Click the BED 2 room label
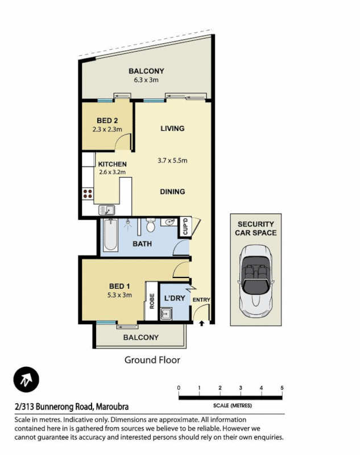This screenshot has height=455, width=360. pyautogui.click(x=107, y=121)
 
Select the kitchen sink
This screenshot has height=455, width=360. pyautogui.click(x=106, y=210)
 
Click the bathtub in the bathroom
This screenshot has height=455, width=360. pyautogui.click(x=110, y=235)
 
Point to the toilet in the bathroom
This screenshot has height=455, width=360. pyautogui.click(x=151, y=226)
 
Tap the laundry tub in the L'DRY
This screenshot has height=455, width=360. pyautogui.click(x=167, y=313)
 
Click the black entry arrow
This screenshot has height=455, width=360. pyautogui.click(x=202, y=324)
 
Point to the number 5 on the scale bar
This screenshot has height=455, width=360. pyautogui.click(x=282, y=388)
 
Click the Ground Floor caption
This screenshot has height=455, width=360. pyautogui.click(x=152, y=359)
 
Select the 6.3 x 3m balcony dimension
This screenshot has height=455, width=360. pyautogui.click(x=146, y=80)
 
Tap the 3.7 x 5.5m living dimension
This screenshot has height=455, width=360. pyautogui.click(x=172, y=160)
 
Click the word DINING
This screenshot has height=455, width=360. pyautogui.click(x=172, y=192)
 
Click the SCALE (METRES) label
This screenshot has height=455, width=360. pyautogui.click(x=232, y=406)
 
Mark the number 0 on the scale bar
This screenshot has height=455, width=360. pyautogui.click(x=179, y=388)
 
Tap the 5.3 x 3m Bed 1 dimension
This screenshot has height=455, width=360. pyautogui.click(x=120, y=295)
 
